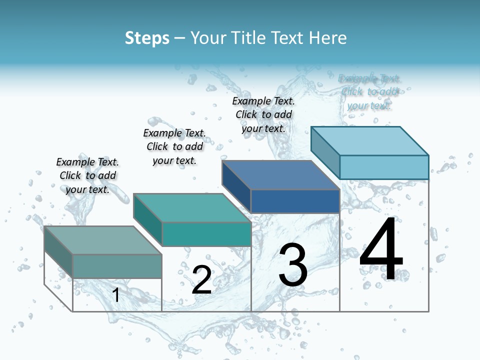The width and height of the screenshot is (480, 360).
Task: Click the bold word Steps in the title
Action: (x=147, y=38)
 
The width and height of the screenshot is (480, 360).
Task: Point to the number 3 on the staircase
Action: (x=293, y=264)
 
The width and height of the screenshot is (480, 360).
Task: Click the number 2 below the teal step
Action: (x=201, y=279)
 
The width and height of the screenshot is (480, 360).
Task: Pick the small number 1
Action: (x=116, y=295)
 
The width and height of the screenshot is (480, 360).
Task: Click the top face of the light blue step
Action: (x=370, y=141)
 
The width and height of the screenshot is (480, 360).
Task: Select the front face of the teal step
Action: (x=206, y=234)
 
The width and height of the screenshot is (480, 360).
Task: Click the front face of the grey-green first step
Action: (x=117, y=266)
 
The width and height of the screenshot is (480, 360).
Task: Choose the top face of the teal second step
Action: (x=192, y=208)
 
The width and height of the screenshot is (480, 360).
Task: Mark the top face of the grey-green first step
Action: (x=103, y=240)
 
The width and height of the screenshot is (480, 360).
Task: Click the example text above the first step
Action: (x=87, y=175)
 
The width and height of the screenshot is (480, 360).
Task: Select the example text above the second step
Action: (x=174, y=146)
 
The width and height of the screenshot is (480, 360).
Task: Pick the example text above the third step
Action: (x=263, y=114)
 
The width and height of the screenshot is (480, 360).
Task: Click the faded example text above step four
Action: (x=369, y=92)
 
